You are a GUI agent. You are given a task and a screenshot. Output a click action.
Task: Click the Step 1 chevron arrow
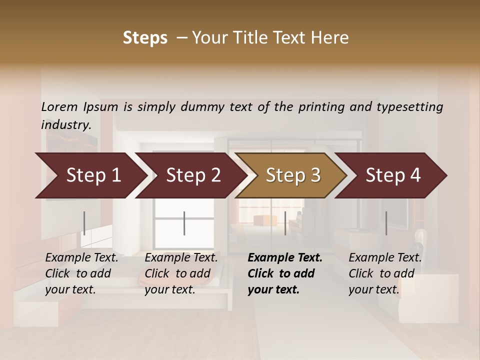(92, 175)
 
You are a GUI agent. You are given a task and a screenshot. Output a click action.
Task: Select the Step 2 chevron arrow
(192, 175)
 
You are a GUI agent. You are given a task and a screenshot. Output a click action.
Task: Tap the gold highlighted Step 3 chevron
(292, 175)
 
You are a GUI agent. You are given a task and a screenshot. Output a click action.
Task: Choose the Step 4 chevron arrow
(392, 175)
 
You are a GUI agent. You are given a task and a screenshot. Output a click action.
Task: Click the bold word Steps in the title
(145, 38)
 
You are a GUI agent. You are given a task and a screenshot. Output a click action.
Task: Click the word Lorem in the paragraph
(59, 106)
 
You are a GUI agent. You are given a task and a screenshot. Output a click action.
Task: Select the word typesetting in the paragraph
(413, 107)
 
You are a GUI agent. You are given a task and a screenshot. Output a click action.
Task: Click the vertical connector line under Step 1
(84, 223)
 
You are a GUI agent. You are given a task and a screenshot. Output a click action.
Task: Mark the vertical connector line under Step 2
(184, 223)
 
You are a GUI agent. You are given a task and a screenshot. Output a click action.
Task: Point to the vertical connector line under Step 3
(285, 223)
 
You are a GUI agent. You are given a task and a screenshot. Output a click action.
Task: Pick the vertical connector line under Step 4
(386, 223)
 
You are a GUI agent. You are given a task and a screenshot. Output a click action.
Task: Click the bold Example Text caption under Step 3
(285, 273)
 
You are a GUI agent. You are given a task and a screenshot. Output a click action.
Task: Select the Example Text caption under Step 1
(81, 273)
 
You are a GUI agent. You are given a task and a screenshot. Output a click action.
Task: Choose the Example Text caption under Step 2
(181, 273)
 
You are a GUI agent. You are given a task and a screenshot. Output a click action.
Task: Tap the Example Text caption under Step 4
(385, 273)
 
